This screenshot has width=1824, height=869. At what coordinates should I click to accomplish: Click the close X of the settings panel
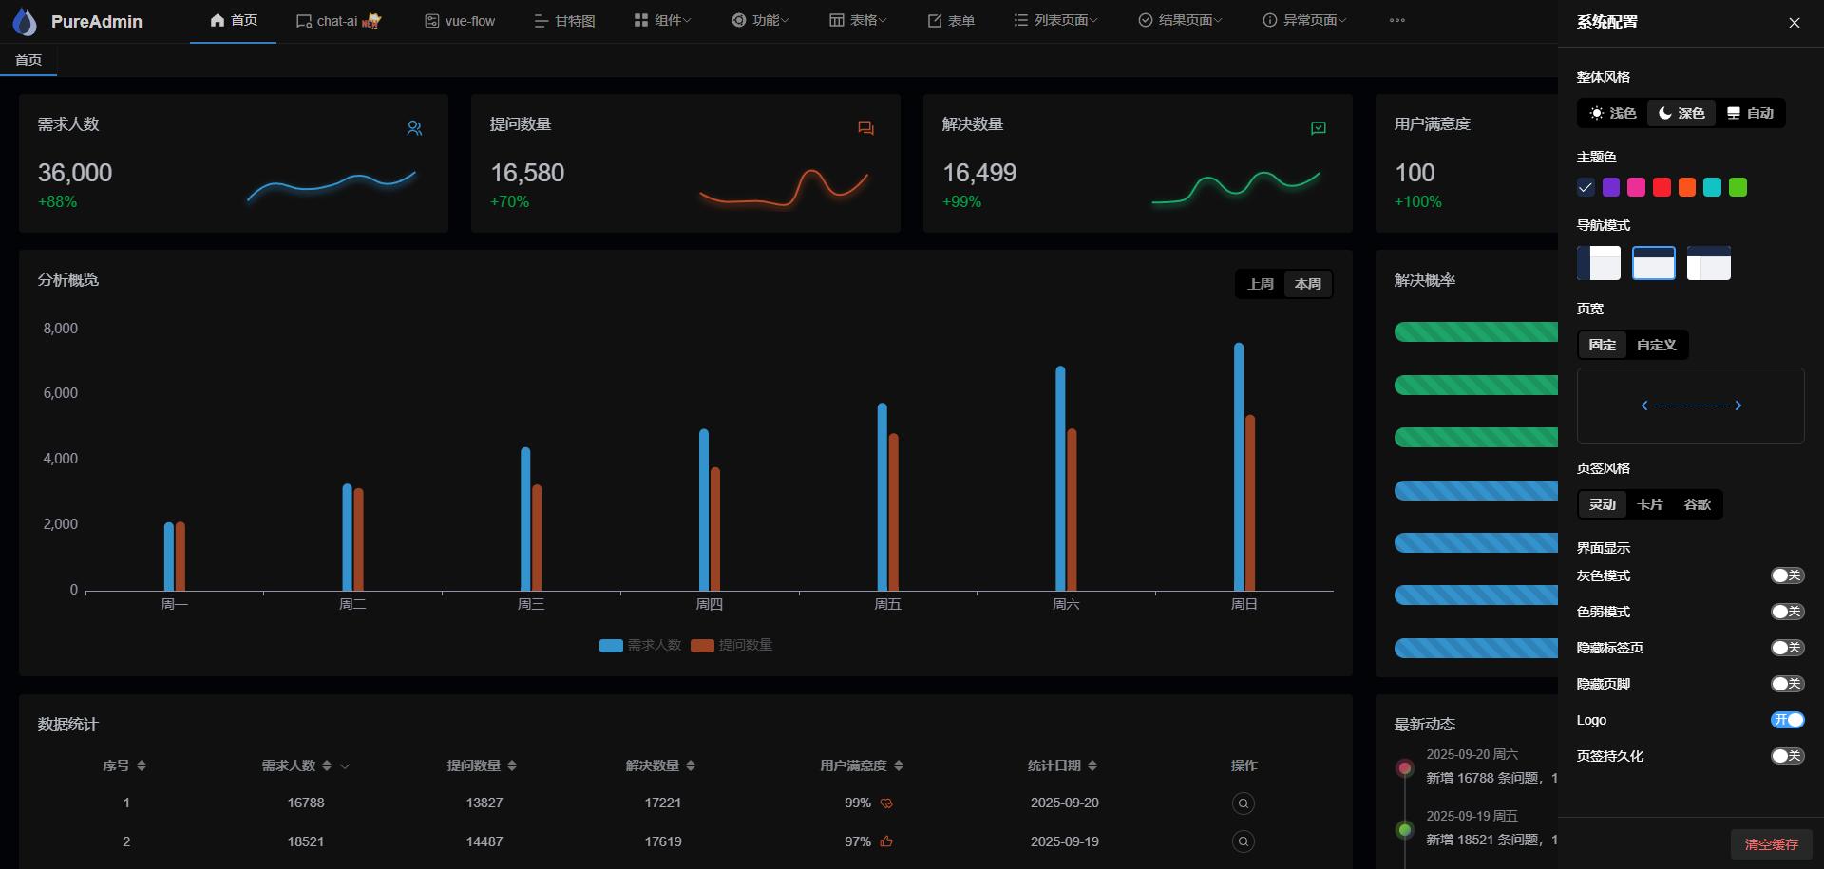pyautogui.click(x=1794, y=23)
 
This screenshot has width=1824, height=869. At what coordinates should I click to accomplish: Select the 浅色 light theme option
pyautogui.click(x=1613, y=113)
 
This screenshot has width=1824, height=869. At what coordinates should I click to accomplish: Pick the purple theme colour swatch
pyautogui.click(x=1611, y=187)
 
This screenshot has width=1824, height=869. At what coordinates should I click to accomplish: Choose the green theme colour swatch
pyautogui.click(x=1738, y=187)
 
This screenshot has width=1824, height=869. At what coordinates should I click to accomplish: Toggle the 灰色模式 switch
pyautogui.click(x=1786, y=576)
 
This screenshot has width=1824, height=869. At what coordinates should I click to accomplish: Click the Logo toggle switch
pyautogui.click(x=1786, y=720)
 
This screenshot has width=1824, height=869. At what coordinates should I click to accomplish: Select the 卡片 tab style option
pyautogui.click(x=1649, y=504)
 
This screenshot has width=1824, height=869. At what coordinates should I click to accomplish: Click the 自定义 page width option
pyautogui.click(x=1656, y=345)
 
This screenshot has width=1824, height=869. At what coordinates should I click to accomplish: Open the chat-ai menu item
pyautogui.click(x=337, y=21)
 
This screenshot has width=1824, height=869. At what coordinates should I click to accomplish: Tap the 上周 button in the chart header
pyautogui.click(x=1261, y=284)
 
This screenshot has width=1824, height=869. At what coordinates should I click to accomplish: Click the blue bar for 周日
pyautogui.click(x=1239, y=465)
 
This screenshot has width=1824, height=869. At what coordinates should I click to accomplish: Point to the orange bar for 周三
pyautogui.click(x=538, y=537)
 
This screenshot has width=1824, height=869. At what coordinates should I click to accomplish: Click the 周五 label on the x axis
pyautogui.click(x=887, y=604)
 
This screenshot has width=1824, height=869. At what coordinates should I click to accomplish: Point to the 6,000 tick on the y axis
pyautogui.click(x=61, y=393)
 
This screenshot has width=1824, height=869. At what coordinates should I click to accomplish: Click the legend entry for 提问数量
pyautogui.click(x=732, y=645)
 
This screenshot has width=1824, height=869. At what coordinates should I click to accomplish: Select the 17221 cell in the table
pyautogui.click(x=663, y=803)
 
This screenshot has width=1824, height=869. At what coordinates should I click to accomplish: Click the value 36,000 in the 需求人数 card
pyautogui.click(x=75, y=173)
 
